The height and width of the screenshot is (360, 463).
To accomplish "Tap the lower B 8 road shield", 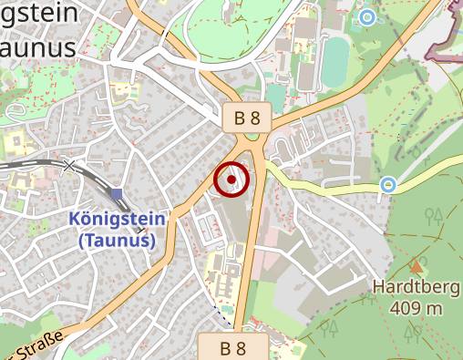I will coord(234,347).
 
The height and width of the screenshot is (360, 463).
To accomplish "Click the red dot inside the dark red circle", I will coord(231,180).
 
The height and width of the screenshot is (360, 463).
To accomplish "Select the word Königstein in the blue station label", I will coord(118,220).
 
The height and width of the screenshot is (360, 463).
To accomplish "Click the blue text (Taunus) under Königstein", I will coord(116,241).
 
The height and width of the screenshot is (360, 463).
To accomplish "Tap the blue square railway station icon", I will coord(116,194).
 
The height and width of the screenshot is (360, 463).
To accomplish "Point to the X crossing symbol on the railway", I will coord(70,165).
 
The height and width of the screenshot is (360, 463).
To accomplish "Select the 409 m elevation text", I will coord(416,309).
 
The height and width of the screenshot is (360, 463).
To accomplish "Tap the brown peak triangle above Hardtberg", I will coord(417,266).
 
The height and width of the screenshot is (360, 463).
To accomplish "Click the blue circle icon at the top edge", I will coord(366,16).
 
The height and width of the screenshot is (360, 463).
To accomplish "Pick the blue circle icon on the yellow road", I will coord(388,185).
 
